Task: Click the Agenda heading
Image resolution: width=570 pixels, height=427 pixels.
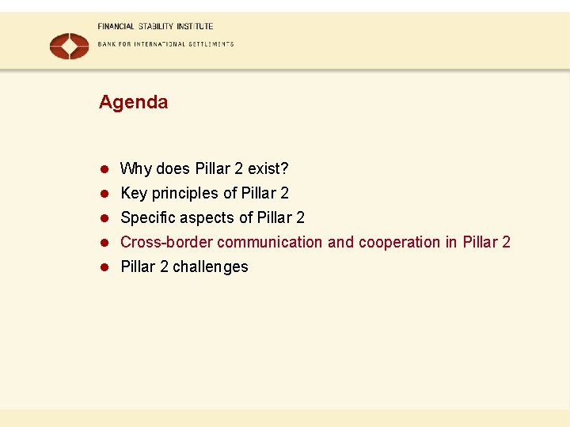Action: pyautogui.click(x=133, y=102)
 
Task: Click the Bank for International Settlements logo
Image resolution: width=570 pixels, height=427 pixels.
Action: pyautogui.click(x=70, y=45)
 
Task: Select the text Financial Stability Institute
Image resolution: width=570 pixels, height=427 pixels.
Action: pyautogui.click(x=155, y=26)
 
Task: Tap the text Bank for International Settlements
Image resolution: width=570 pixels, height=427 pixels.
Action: pyautogui.click(x=165, y=44)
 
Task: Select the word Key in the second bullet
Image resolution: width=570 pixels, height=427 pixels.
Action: pyautogui.click(x=134, y=193)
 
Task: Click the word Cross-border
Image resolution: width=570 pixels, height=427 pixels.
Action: pyautogui.click(x=166, y=242)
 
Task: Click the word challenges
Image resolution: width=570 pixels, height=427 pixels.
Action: pyautogui.click(x=210, y=266)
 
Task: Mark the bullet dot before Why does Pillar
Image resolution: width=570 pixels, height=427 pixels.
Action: pyautogui.click(x=103, y=169)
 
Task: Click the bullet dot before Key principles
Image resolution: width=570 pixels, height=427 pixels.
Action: pyautogui.click(x=103, y=194)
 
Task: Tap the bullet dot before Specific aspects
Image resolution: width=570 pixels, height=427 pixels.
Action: pyautogui.click(x=103, y=218)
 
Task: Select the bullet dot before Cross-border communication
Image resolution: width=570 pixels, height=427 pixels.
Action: pyautogui.click(x=103, y=243)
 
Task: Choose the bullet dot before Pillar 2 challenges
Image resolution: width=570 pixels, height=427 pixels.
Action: pyautogui.click(x=103, y=267)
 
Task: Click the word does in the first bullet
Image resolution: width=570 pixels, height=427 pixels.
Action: pyautogui.click(x=173, y=168)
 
